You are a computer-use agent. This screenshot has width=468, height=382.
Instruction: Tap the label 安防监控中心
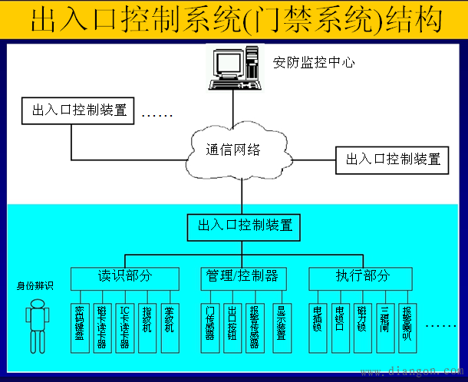click(314, 62)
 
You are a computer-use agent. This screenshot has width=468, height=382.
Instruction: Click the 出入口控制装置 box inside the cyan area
click(245, 226)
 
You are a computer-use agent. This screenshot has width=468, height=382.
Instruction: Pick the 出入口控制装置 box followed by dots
click(79, 110)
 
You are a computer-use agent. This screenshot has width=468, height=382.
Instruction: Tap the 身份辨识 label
click(35, 286)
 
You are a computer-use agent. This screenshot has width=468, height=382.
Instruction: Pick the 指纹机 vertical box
click(147, 321)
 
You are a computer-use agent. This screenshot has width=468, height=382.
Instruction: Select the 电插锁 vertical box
click(317, 321)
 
